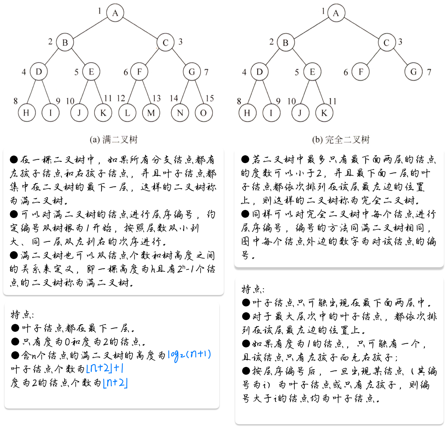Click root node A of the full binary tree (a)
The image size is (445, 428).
coord(115,13)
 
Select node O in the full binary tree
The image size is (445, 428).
coord(204,113)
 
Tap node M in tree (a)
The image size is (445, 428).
coord(151,113)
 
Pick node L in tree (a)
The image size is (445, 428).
coord(127,113)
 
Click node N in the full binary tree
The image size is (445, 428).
coord(180,113)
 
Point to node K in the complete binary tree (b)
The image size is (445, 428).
coord(324,113)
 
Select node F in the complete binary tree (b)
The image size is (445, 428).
coord(361,72)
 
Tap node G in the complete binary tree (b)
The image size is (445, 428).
coord(413,72)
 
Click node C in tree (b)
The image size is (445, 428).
coord(387,43)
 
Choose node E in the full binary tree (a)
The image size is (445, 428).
coord(91,72)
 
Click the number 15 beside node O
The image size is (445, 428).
coord(210,98)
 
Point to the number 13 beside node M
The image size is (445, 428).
coord(157,98)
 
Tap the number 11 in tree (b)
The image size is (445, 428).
coord(332,101)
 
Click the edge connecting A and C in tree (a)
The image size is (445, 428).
coord(140,28)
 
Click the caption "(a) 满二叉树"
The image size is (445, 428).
coord(113,139)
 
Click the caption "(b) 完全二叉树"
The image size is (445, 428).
coord(341,139)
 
